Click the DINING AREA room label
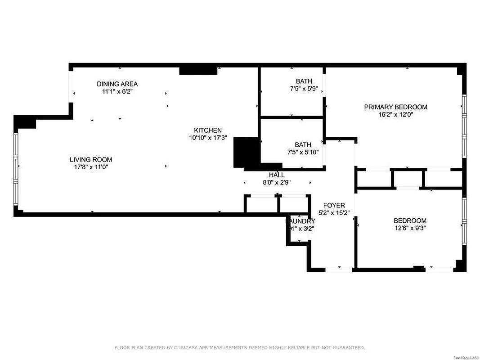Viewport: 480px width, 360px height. [117, 84]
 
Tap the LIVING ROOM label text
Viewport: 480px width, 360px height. [91, 159]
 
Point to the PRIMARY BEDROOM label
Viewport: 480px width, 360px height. [395, 107]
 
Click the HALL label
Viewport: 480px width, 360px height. [277, 175]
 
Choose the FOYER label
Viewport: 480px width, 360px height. [334, 205]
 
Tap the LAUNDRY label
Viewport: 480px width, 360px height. [301, 221]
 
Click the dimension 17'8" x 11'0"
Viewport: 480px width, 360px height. [91, 166]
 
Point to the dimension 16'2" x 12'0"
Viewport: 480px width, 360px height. [395, 114]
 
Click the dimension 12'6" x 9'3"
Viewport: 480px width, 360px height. [410, 228]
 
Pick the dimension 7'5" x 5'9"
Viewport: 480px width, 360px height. [304, 89]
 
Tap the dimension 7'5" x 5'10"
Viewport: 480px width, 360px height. [303, 152]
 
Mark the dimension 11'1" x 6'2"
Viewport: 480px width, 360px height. [117, 91]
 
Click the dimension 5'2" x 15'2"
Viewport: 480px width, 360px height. [334, 212]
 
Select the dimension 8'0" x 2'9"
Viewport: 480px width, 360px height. [277, 182]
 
